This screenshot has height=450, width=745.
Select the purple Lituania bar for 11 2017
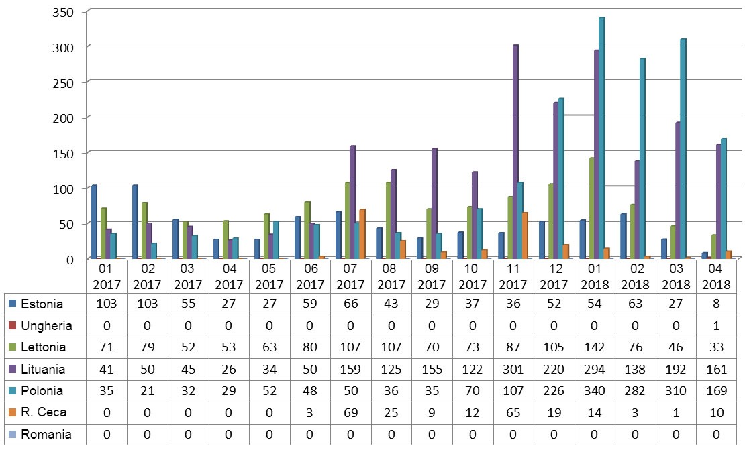click(515, 152)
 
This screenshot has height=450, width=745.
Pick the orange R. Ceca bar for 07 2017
click(362, 234)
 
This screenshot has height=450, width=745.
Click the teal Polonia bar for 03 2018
click(683, 148)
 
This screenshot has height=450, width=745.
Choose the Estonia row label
click(42, 304)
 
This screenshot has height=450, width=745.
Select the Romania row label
click(46, 434)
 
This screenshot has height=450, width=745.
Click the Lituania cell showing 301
click(513, 369)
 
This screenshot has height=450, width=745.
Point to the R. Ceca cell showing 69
click(350, 412)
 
